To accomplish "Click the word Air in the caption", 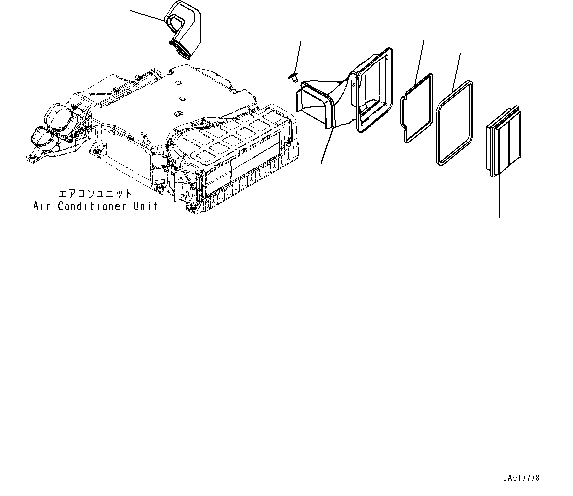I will pyautogui.click(x=43, y=206).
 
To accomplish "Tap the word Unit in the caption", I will pyautogui.click(x=145, y=206).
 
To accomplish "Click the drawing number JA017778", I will pyautogui.click(x=521, y=478).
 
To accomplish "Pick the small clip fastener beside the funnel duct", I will pyautogui.click(x=293, y=77).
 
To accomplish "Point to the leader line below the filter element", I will pyautogui.click(x=499, y=197).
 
